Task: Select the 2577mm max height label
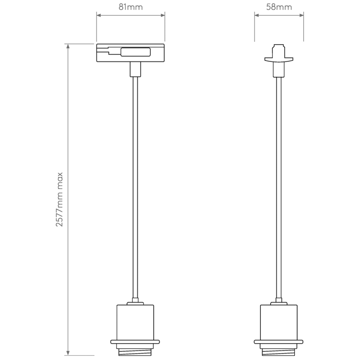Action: click(x=60, y=199)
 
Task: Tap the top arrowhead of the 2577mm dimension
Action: click(x=68, y=46)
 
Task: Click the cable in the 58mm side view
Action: click(x=279, y=187)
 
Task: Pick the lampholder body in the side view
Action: click(x=279, y=321)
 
